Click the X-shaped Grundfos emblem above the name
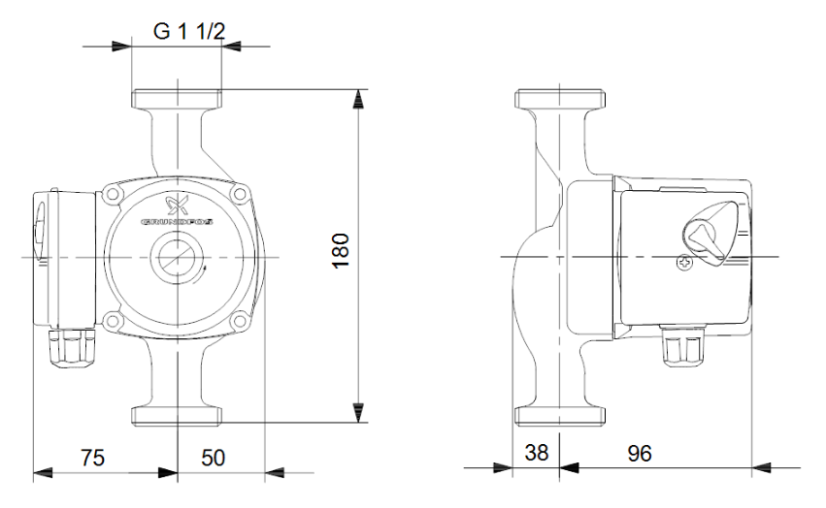(177, 206)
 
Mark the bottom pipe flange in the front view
(177, 416)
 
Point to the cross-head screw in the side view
(686, 262)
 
